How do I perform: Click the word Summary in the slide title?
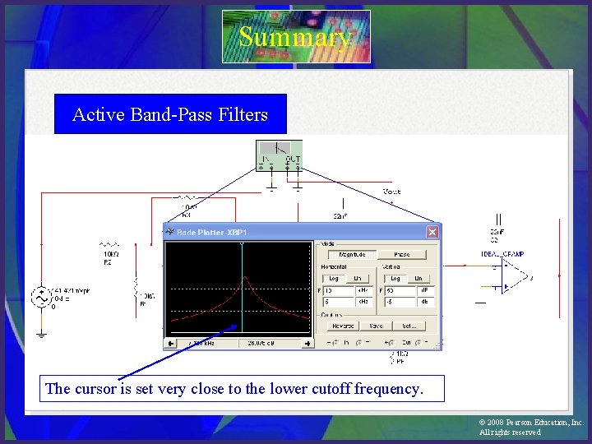coord(295,38)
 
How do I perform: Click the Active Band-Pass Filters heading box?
coord(170,114)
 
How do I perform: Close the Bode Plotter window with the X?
coord(432,233)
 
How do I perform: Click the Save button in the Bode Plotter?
coord(376,326)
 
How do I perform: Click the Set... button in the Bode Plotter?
coord(409,326)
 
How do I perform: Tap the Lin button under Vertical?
coord(418,279)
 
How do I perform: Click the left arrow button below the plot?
coord(171,343)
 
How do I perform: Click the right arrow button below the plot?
coord(307,343)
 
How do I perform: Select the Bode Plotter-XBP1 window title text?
coord(211,233)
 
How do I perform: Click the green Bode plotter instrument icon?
coord(280,155)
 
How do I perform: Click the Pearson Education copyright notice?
coord(530,427)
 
